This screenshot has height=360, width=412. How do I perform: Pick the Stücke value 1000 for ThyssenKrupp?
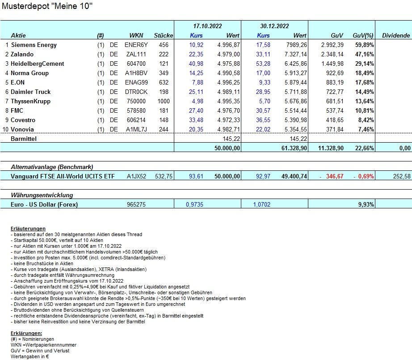tap(163, 102)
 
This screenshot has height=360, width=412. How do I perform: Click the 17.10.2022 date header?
tap(205, 26)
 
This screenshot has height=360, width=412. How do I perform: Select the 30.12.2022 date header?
tap(274, 26)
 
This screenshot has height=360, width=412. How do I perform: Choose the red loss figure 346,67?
tap(334, 177)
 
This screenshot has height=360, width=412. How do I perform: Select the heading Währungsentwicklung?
tap(42, 195)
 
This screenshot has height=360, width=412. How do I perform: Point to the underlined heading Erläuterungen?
tap(28, 229)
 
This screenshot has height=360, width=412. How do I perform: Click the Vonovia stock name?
tap(23, 130)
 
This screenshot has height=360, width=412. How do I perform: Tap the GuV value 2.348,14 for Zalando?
tap(331, 55)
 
